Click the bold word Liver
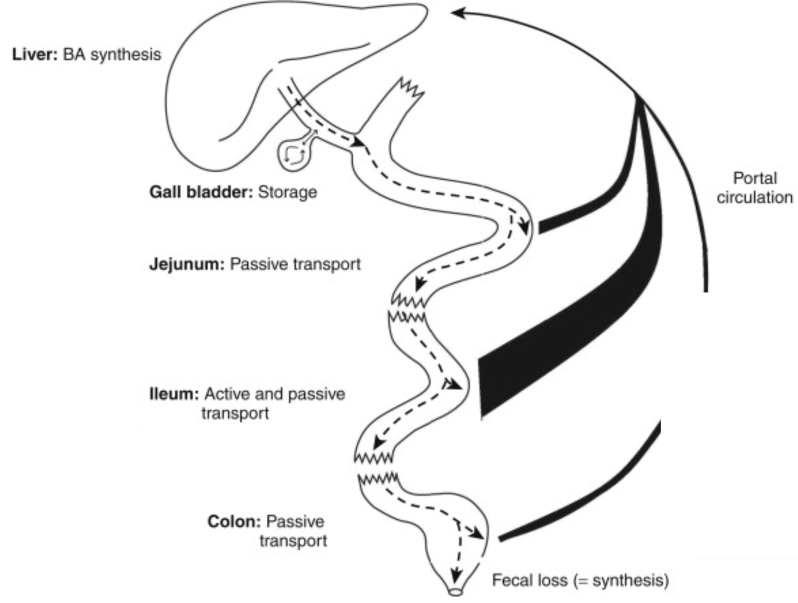(x=35, y=54)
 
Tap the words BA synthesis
(x=112, y=54)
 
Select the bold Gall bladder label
(x=201, y=192)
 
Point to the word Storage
(x=287, y=192)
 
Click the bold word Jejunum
(x=186, y=264)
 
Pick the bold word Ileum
(x=173, y=394)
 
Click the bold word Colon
(x=234, y=522)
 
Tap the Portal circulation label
(x=754, y=187)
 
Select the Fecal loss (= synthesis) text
(x=580, y=580)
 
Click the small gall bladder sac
(x=294, y=156)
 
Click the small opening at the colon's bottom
(x=456, y=592)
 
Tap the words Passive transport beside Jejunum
(x=296, y=264)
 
